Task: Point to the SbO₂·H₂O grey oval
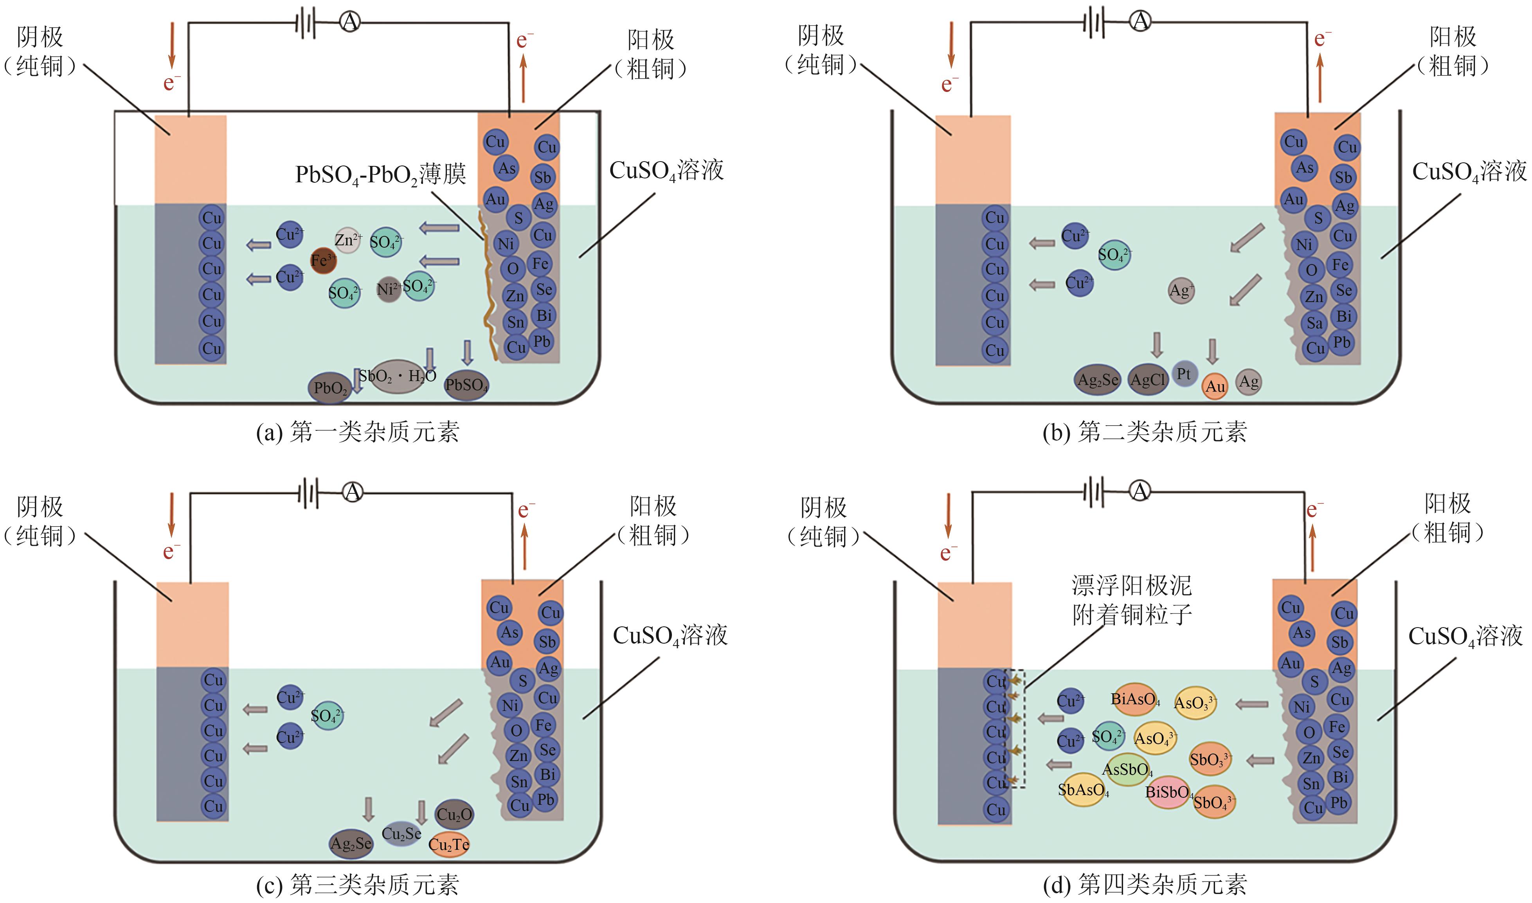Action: point(397,376)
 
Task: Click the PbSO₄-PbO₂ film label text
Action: point(380,174)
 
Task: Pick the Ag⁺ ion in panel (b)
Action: point(1181,291)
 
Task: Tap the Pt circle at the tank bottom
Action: point(1184,374)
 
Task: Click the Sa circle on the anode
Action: point(1314,323)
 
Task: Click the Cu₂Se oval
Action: point(401,834)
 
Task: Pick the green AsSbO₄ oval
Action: point(1127,770)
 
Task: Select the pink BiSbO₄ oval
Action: point(1168,792)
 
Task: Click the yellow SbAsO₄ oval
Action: point(1083,790)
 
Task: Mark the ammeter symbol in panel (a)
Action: point(350,23)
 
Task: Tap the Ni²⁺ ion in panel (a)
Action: point(387,288)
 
